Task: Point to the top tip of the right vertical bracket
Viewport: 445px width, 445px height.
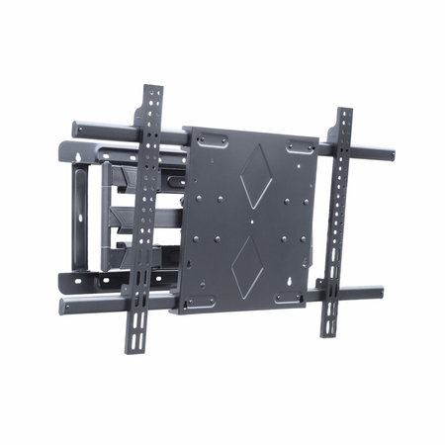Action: click(345, 110)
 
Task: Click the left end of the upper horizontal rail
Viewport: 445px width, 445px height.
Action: click(74, 127)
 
